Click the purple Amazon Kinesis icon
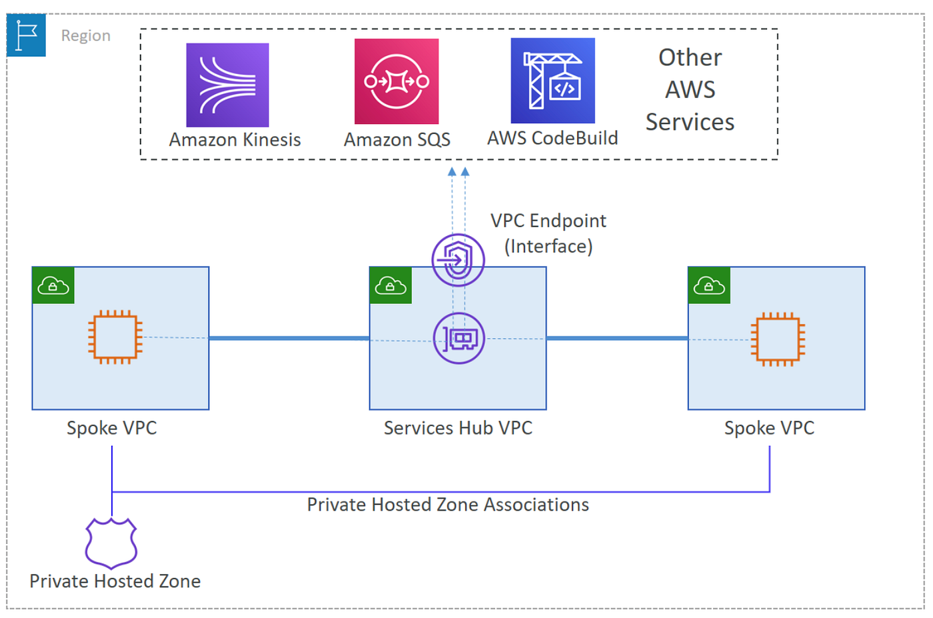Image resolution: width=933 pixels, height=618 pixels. click(x=227, y=85)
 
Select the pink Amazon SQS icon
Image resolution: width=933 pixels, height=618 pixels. click(x=397, y=81)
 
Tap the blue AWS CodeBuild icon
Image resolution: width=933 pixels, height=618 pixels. click(x=552, y=81)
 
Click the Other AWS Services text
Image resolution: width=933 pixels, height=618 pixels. click(x=690, y=90)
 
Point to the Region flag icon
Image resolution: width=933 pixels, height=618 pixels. click(x=26, y=35)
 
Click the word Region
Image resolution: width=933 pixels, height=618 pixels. click(x=86, y=35)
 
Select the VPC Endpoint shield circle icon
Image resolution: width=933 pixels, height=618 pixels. click(x=458, y=260)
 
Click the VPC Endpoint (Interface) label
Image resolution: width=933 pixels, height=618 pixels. click(x=548, y=233)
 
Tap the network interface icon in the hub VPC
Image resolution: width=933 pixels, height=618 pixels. click(x=459, y=339)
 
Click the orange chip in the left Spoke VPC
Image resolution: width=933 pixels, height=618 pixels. click(x=115, y=337)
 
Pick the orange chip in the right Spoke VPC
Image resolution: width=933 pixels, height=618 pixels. click(x=777, y=339)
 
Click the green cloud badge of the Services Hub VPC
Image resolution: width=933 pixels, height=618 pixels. click(x=391, y=285)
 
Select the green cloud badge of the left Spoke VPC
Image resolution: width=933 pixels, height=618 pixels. click(x=53, y=285)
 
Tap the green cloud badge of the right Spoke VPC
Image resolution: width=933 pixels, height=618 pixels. click(x=709, y=285)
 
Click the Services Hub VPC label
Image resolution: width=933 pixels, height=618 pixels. click(x=458, y=427)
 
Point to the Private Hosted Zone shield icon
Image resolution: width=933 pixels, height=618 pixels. click(x=111, y=543)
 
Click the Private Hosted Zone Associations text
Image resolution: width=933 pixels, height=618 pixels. click(x=447, y=505)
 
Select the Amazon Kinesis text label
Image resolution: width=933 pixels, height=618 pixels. click(x=235, y=139)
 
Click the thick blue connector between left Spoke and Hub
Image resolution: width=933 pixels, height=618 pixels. click(x=289, y=338)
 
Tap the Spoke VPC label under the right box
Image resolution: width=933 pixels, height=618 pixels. click(x=769, y=427)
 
